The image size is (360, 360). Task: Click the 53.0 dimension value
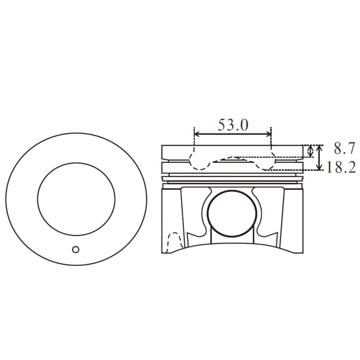[x=233, y=125]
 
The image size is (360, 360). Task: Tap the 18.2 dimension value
[x=341, y=167]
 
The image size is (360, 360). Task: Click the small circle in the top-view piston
[x=76, y=249]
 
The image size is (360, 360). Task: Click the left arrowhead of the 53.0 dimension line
[x=197, y=134]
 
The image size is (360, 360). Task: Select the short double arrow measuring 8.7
[x=310, y=152]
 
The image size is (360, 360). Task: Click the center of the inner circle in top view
[x=76, y=199]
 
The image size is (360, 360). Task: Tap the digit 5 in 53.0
[x=222, y=125]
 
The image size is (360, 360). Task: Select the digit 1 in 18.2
[x=329, y=168]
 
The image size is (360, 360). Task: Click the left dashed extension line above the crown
[x=194, y=139]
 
